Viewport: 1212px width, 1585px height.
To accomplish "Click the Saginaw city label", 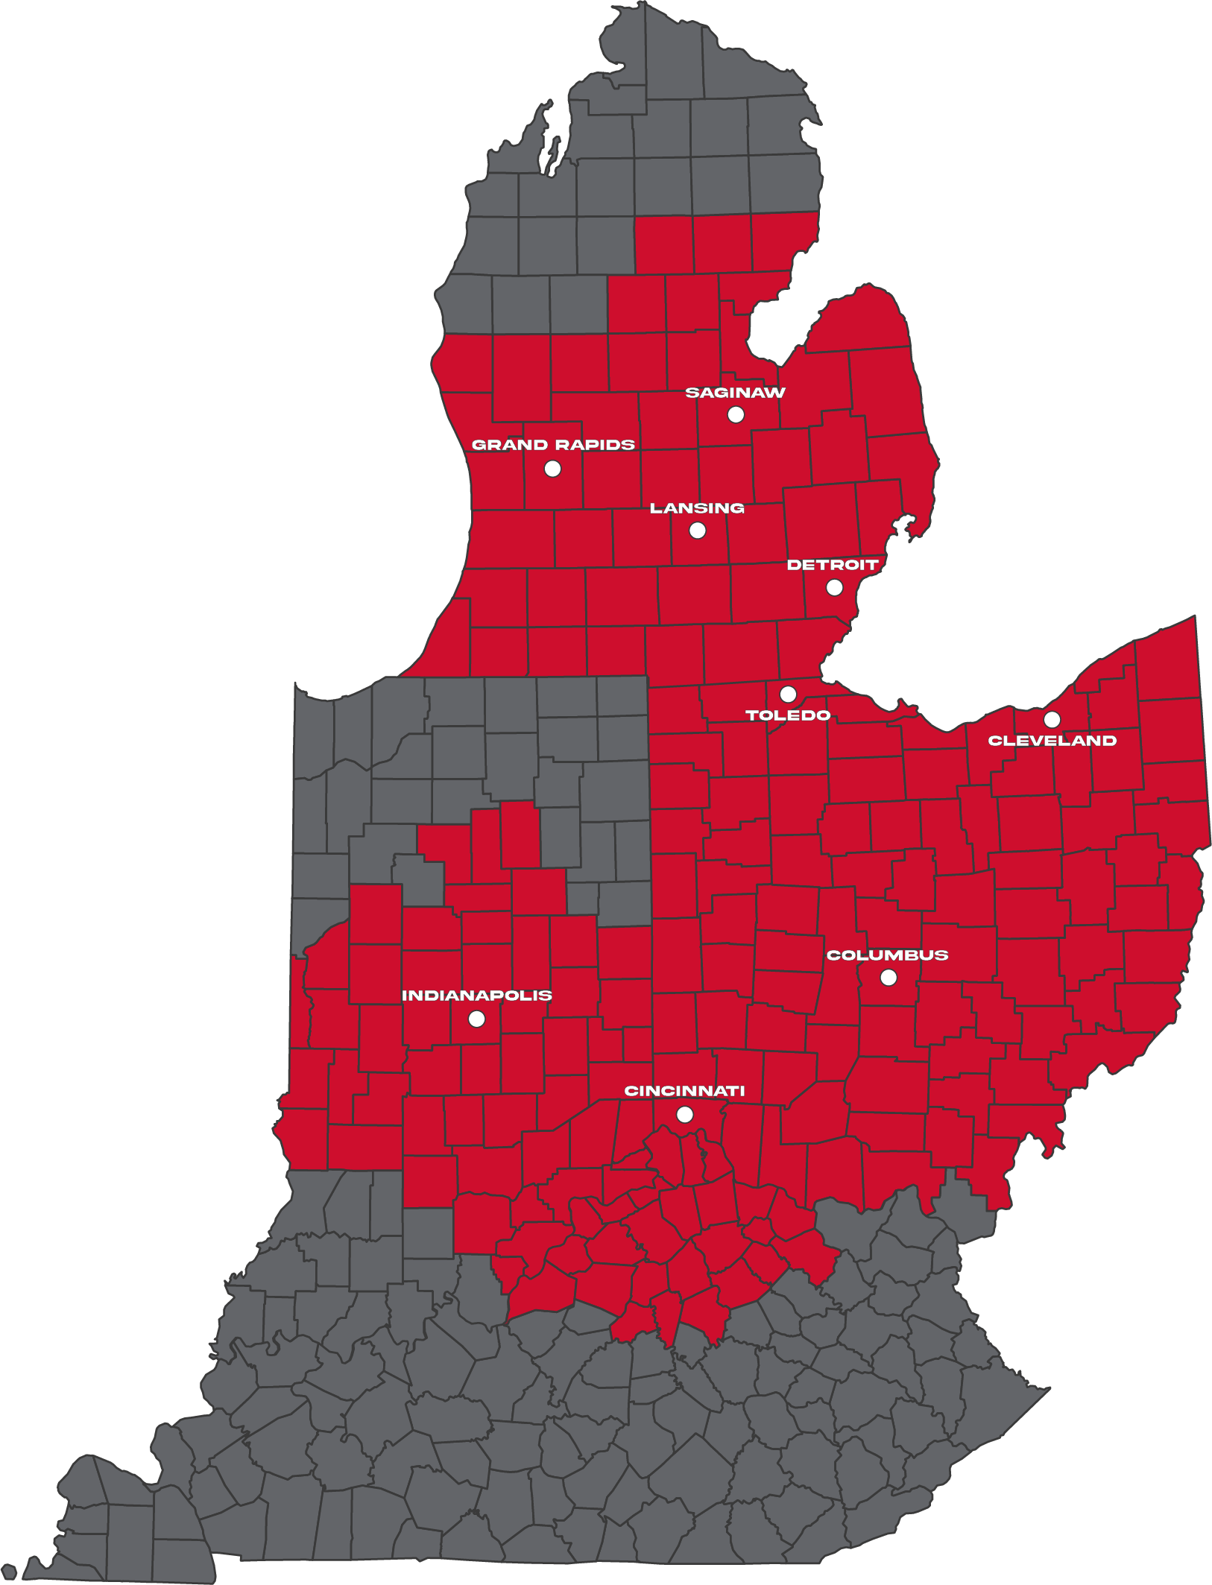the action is point(735,393).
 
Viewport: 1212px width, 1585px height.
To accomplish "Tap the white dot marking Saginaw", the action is point(736,414).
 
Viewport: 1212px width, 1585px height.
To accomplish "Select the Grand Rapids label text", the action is point(553,445).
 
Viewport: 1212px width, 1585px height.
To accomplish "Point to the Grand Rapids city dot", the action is point(552,469).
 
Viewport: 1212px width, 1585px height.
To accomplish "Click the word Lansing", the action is point(697,508).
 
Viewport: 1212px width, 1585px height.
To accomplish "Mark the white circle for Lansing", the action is point(698,531).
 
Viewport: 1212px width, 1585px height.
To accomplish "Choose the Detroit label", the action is point(832,565).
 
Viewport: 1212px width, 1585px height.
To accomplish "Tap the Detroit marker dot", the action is point(835,587).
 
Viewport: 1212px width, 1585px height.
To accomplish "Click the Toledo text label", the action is point(788,715).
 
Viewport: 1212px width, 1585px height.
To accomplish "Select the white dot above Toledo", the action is point(788,695).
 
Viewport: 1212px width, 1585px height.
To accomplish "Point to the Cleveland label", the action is point(1052,741).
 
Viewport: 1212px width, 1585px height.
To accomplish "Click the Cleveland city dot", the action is point(1052,719).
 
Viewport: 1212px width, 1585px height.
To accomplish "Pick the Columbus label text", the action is point(887,955).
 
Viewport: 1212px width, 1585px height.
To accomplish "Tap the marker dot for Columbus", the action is point(889,978).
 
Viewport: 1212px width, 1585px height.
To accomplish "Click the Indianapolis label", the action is point(477,996).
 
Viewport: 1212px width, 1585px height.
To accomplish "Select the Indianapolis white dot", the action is point(477,1019).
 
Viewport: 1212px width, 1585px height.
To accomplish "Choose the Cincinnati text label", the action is point(684,1091).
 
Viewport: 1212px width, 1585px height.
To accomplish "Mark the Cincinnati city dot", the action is point(685,1115).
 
